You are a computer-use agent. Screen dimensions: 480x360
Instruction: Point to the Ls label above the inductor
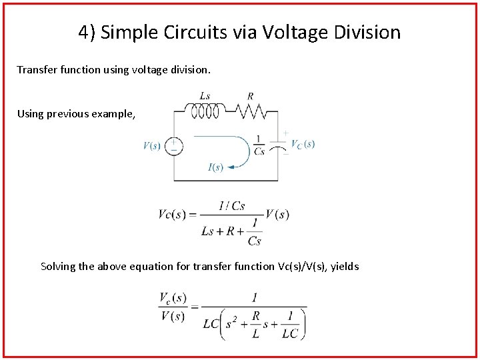pyautogui.click(x=205, y=97)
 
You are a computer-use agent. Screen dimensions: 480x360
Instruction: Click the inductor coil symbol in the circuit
pyautogui.click(x=205, y=111)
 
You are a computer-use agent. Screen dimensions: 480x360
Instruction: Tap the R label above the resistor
pyautogui.click(x=250, y=97)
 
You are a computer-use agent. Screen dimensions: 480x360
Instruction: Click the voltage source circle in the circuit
pyautogui.click(x=173, y=146)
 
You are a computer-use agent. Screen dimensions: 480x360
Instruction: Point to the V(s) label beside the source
pyautogui.click(x=152, y=146)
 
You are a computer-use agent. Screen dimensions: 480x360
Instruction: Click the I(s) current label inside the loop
pyautogui.click(x=215, y=167)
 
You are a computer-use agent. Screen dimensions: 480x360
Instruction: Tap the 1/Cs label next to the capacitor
pyautogui.click(x=259, y=145)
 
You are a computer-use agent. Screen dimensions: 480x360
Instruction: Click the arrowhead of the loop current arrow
pyautogui.click(x=229, y=167)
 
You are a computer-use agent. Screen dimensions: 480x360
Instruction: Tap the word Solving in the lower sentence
pyautogui.click(x=58, y=267)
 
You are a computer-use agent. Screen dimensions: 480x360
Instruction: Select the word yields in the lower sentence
pyautogui.click(x=344, y=267)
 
